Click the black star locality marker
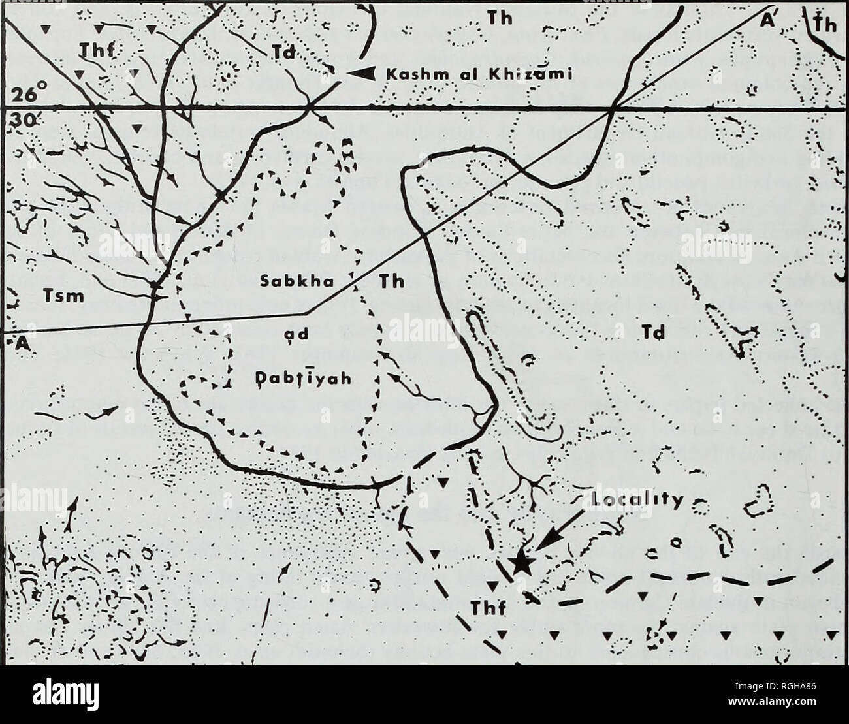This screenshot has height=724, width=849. point(520,562)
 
